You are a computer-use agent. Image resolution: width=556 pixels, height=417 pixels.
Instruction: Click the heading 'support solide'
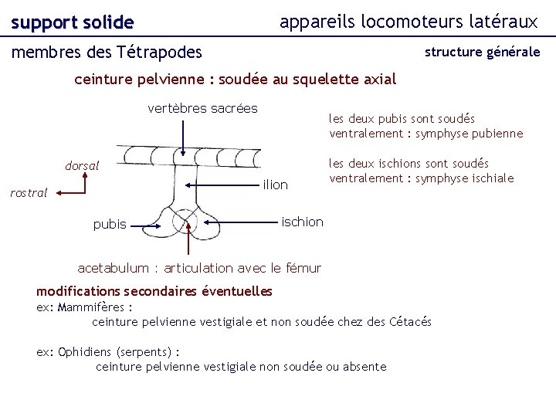point(73,23)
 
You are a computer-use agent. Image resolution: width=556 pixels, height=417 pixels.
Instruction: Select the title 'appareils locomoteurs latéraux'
point(409,22)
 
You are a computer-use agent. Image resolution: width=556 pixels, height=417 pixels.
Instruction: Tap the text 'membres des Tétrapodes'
point(107,53)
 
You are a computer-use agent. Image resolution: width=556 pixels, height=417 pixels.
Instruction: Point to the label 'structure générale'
point(482,53)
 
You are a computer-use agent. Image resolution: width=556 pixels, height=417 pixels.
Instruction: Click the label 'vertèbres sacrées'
point(202,108)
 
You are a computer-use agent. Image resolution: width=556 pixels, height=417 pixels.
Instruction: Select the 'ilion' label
point(275,185)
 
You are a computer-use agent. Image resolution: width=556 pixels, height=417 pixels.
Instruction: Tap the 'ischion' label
point(303,222)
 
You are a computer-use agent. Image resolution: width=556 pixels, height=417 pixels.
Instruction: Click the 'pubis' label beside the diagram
point(110,224)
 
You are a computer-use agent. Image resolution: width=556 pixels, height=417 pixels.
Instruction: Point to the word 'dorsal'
point(82,165)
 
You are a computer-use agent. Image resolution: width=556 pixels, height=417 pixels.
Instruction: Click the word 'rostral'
point(29,193)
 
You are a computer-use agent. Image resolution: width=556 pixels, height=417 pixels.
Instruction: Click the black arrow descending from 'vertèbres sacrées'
point(184,135)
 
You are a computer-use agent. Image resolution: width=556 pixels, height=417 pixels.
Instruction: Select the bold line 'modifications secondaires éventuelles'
point(154,291)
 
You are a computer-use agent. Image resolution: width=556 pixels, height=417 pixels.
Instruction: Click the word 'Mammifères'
point(92,307)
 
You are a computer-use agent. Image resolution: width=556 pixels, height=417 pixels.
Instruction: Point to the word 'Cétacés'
point(412,321)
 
